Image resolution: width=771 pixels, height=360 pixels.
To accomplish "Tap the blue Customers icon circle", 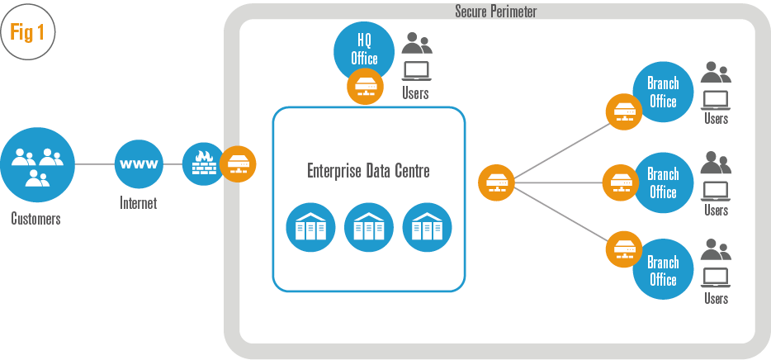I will tap(38, 163).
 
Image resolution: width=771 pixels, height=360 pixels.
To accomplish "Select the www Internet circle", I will tap(140, 163).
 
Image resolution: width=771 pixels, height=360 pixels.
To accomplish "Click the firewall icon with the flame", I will tap(203, 163).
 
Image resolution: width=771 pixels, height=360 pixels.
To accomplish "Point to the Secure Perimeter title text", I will tap(495, 12).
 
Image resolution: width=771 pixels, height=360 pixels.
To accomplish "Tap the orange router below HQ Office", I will tap(365, 87).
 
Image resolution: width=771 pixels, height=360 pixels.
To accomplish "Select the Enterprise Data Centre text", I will tap(368, 172).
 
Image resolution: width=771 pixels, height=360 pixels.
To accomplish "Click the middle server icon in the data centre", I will tap(368, 227).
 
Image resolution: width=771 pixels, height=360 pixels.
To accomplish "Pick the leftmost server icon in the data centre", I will tap(310, 227).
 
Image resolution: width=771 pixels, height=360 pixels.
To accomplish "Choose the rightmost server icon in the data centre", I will tap(427, 227).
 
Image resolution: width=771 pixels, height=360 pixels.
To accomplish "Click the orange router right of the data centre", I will tap(497, 182).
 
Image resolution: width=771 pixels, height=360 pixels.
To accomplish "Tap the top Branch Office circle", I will tap(662, 92).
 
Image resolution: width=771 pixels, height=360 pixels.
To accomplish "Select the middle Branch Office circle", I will tap(662, 182).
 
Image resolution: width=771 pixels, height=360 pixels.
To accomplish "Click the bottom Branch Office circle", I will tap(662, 270).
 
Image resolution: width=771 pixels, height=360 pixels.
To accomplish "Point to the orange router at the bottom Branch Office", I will tap(624, 249).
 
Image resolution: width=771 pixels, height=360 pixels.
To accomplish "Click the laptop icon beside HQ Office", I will tap(415, 69).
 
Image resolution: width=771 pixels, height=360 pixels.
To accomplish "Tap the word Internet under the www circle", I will tap(138, 203).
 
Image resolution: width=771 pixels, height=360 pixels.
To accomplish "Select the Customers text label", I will tap(35, 219).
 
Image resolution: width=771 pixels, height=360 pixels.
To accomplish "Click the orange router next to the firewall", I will tap(239, 163).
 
